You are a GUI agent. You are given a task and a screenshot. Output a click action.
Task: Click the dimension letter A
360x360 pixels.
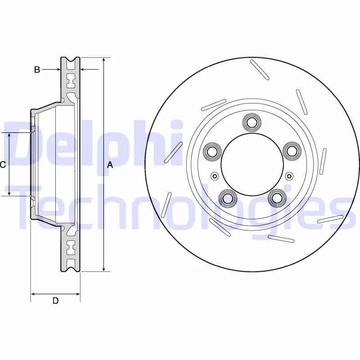pyautogui.click(x=110, y=165)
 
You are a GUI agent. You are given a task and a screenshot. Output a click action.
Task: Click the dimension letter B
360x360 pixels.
pyautogui.click(x=37, y=69)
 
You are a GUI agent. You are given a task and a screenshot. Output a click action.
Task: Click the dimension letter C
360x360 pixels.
pyautogui.click(x=3, y=165)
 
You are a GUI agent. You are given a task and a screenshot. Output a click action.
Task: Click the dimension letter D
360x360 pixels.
pyautogui.click(x=55, y=301)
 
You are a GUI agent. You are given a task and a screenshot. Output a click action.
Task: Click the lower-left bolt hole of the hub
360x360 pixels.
pyautogui.click(x=228, y=198)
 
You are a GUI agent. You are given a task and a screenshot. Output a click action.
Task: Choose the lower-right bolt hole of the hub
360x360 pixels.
pyautogui.click(x=277, y=197)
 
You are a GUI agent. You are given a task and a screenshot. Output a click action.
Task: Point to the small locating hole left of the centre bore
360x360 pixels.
pyautogui.click(x=215, y=176)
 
